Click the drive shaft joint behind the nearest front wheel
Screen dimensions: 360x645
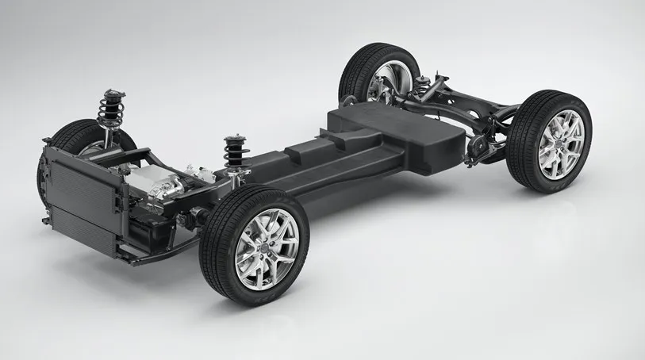[190, 215]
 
